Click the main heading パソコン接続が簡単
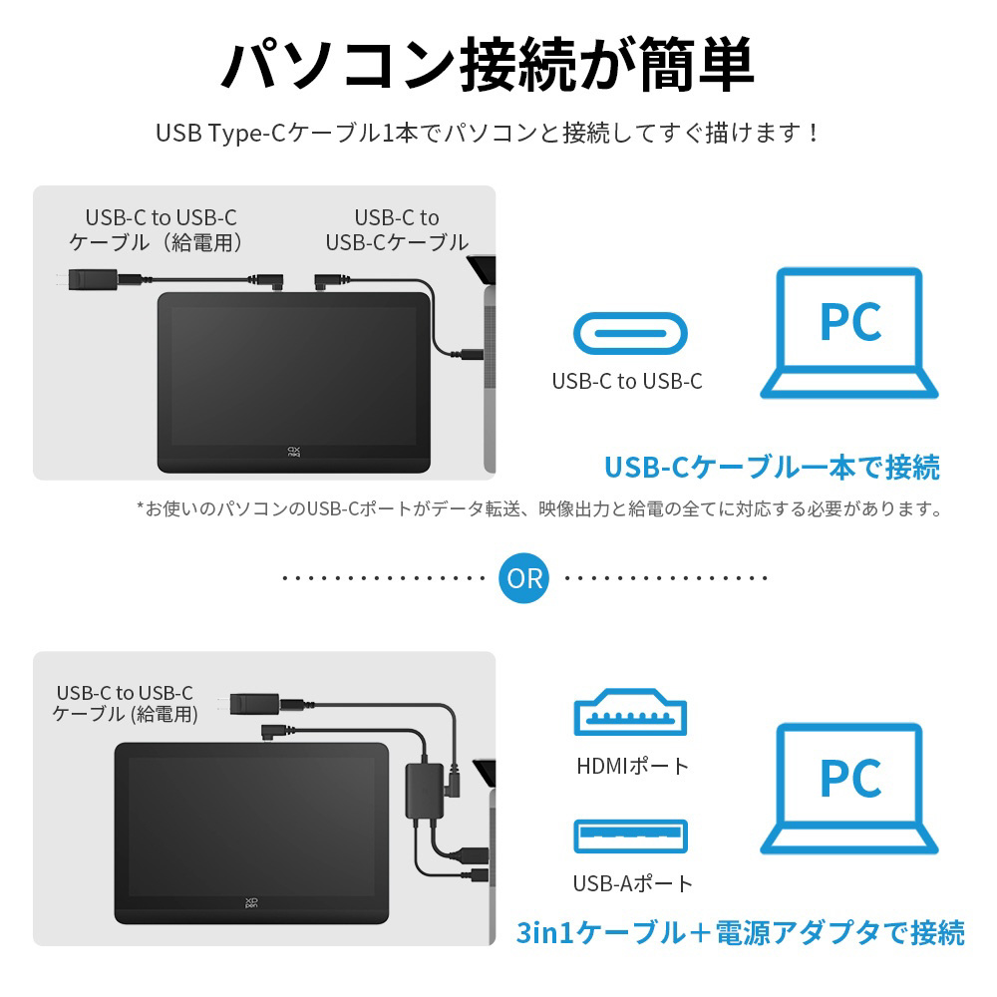click(488, 65)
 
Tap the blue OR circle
click(524, 578)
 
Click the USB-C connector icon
click(629, 333)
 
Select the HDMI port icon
click(630, 712)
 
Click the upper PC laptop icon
click(849, 333)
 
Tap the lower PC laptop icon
click(849, 789)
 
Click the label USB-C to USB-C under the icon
click(627, 381)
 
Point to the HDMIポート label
click(632, 766)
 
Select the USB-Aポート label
click(632, 883)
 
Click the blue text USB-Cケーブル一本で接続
click(772, 466)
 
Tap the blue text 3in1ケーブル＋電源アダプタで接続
click(740, 933)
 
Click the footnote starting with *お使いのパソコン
click(539, 509)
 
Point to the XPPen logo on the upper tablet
click(294, 451)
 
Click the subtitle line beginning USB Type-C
click(488, 133)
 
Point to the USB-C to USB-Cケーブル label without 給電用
click(397, 229)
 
